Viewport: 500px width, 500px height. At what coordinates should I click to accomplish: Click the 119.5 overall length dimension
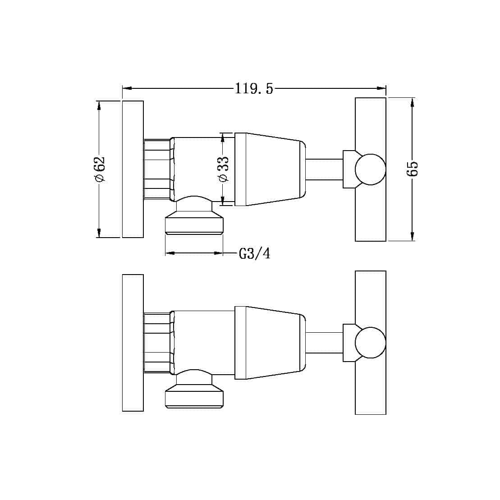click(254, 88)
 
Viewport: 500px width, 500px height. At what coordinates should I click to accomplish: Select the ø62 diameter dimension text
click(100, 169)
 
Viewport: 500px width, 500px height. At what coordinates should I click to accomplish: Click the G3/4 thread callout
click(255, 253)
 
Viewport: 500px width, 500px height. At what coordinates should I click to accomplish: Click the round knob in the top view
click(370, 170)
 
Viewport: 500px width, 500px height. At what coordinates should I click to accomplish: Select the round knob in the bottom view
click(370, 343)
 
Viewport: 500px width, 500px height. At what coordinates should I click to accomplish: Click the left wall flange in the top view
click(133, 169)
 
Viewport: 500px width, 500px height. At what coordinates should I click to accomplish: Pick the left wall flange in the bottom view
click(133, 343)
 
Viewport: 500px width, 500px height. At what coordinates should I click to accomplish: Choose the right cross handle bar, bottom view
click(371, 392)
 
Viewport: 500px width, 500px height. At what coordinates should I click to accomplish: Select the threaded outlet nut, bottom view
click(194, 398)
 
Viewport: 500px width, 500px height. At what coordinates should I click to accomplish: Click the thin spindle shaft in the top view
click(325, 169)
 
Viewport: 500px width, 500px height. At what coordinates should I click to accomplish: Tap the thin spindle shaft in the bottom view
click(325, 343)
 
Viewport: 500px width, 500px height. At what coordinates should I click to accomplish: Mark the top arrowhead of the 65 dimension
click(413, 103)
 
